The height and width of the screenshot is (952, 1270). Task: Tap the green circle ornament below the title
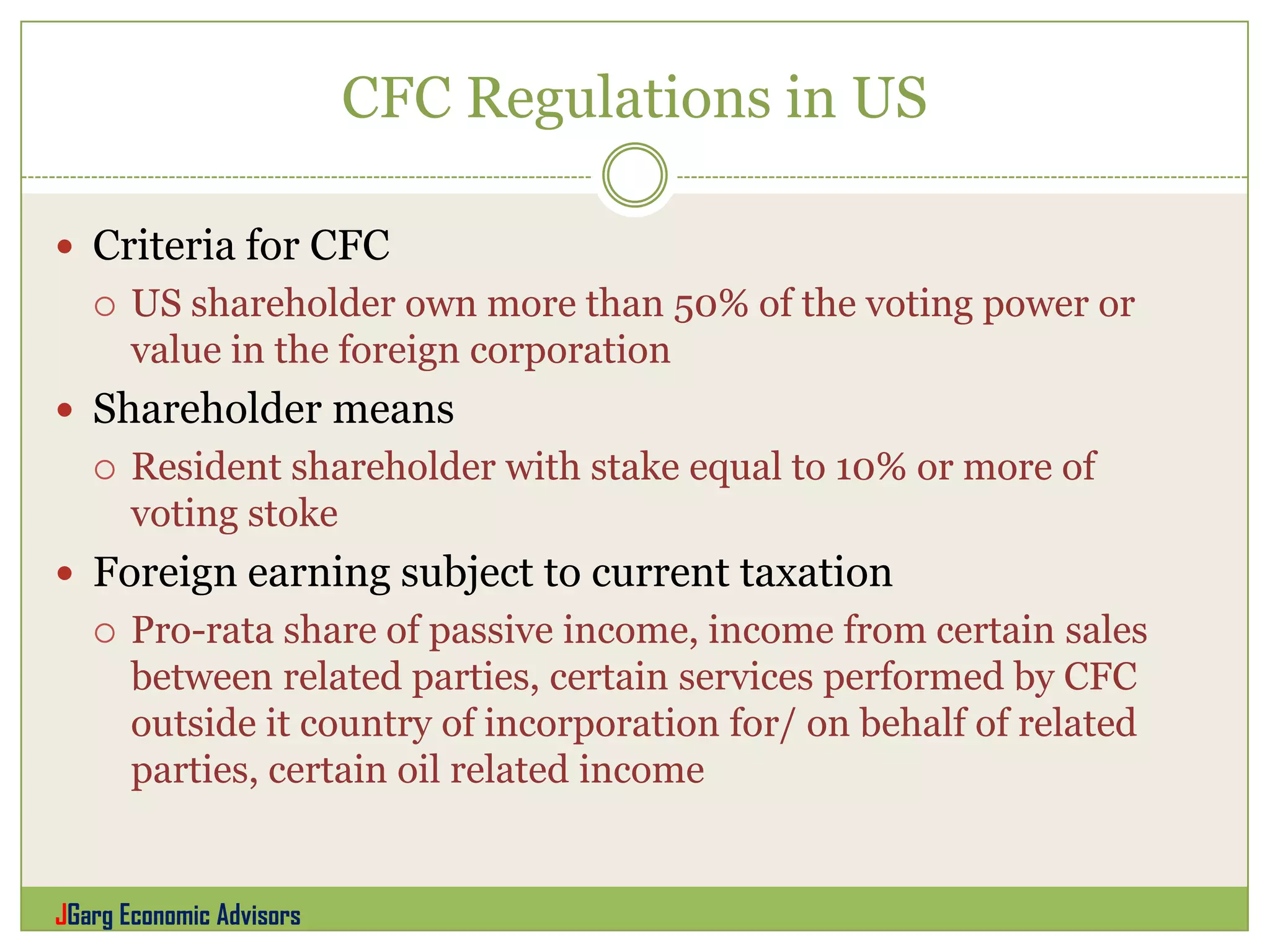click(634, 175)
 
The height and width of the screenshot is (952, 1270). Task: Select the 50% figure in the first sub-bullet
click(711, 304)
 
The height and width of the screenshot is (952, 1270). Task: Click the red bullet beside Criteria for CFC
click(64, 247)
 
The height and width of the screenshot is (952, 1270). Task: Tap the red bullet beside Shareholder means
click(64, 410)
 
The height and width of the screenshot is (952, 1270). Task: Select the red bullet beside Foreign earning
click(64, 573)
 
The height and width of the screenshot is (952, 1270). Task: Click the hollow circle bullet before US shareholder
click(105, 306)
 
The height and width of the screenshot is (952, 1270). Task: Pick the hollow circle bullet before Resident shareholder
click(105, 469)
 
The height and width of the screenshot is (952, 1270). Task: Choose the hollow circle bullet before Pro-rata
click(105, 633)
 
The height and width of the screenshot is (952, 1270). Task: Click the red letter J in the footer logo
click(61, 915)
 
